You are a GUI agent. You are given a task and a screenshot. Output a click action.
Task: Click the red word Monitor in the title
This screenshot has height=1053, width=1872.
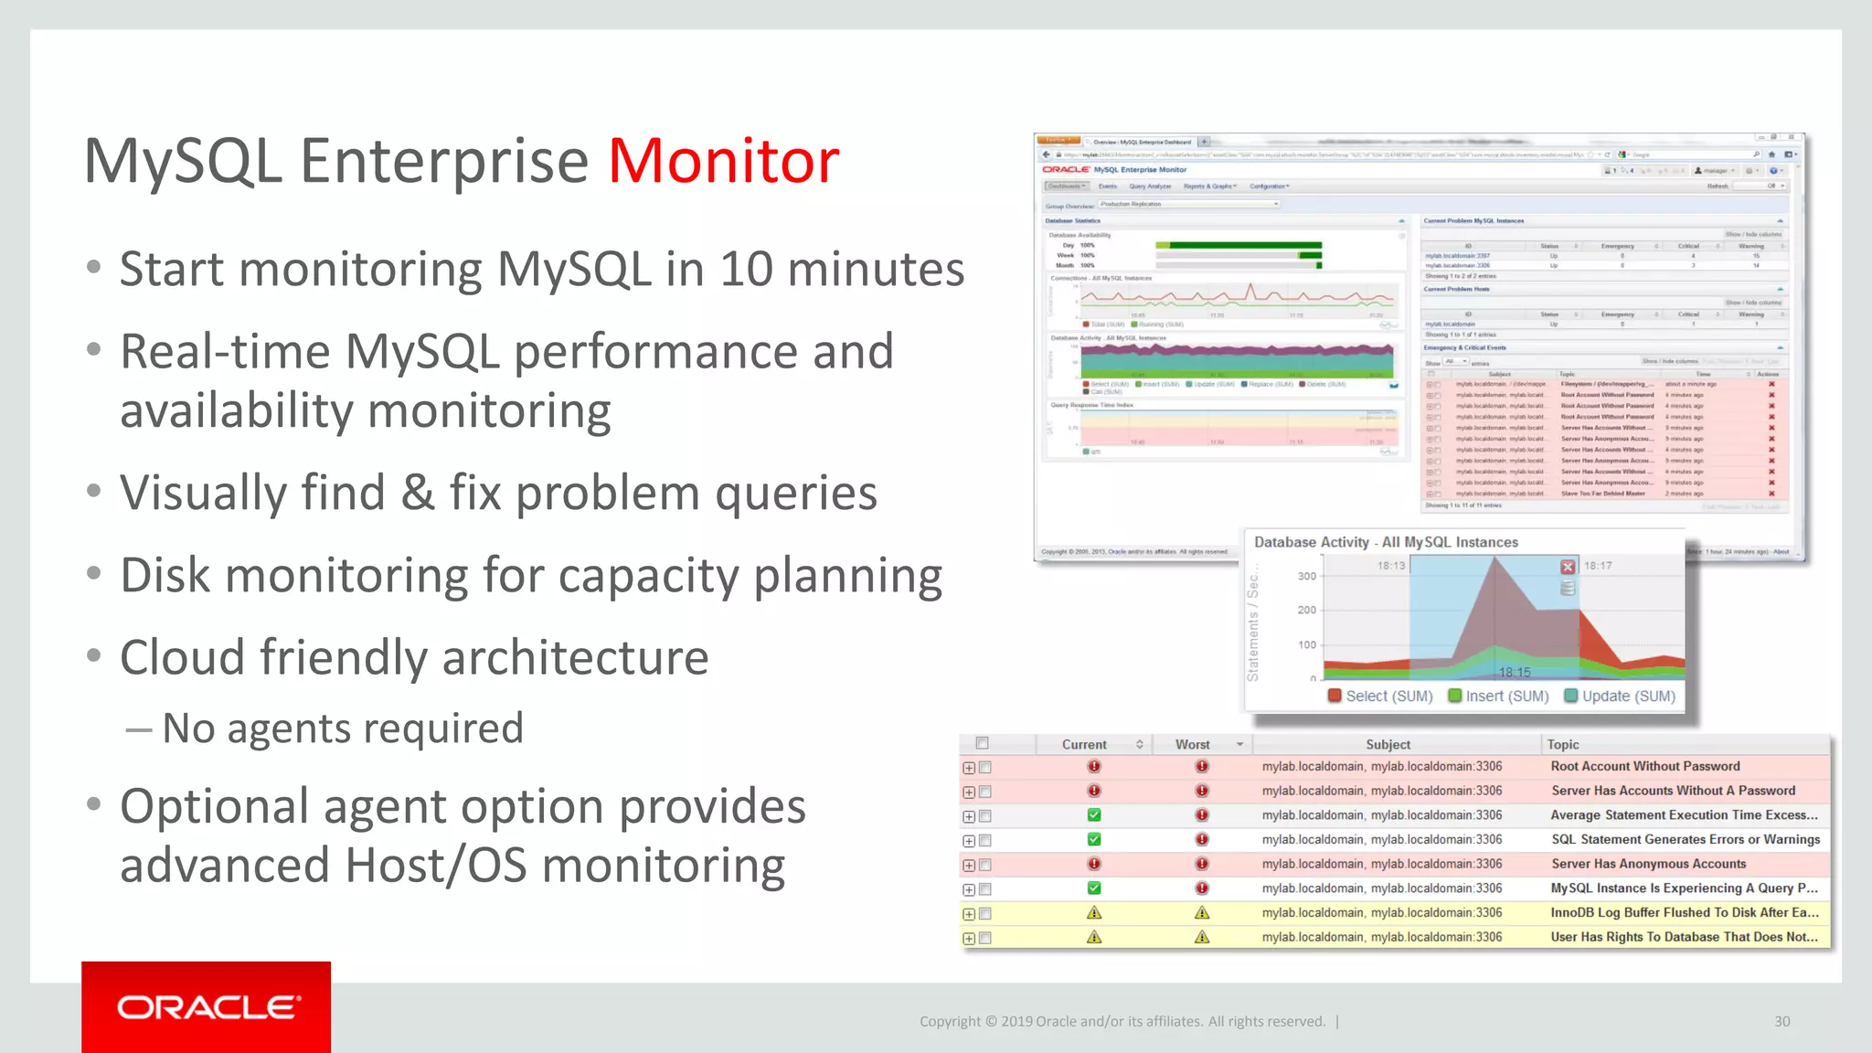pos(723,161)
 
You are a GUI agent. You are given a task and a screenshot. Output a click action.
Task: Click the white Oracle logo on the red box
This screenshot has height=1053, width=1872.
pos(207,1007)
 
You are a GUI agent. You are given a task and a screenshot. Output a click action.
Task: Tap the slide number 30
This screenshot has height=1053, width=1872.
pos(1782,1021)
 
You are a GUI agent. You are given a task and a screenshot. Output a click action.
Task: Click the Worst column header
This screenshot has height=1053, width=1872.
pos(1192,745)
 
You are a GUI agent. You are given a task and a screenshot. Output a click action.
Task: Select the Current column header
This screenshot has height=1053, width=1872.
pos(1084,745)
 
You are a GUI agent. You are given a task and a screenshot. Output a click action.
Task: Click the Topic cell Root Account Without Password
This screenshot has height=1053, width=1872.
pos(1644,766)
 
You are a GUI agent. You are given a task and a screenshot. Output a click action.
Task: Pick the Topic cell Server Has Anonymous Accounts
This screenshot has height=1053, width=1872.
pos(1648,864)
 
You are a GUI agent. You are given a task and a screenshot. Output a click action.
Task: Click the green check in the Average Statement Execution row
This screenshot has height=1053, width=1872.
pos(1094,814)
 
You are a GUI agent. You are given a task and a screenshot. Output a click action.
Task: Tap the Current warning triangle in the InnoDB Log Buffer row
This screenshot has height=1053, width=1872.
pos(1094,912)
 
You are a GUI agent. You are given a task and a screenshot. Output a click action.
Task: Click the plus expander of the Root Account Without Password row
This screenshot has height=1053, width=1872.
pos(969,768)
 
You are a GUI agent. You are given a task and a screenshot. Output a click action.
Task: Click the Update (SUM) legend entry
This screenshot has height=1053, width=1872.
pos(1619,696)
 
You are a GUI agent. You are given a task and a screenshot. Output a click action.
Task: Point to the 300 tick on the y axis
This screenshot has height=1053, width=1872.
pos(1307,576)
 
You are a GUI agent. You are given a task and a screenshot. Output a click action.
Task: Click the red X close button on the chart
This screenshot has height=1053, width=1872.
pos(1568,567)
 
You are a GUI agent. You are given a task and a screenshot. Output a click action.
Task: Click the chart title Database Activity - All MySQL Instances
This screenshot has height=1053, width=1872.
pos(1386,542)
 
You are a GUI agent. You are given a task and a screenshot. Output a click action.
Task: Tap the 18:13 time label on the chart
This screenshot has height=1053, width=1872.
pos(1390,566)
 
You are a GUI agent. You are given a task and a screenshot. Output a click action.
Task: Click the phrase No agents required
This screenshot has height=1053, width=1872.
pos(342,729)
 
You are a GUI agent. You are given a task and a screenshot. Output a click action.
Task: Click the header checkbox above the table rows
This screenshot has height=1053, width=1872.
pos(983,743)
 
